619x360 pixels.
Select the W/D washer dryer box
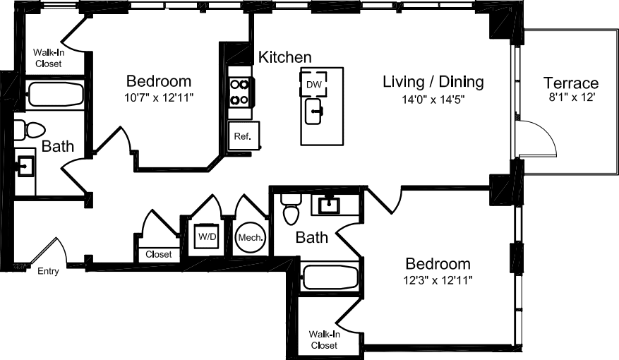coord(207,236)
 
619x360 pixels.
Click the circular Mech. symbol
coord(251,237)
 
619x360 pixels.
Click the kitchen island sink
coord(315,110)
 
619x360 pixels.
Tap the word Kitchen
coord(284,57)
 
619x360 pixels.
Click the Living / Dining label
coord(433,82)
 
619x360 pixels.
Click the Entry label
coord(48,271)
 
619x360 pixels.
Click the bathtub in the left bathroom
coord(55,94)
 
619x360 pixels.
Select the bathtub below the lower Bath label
coord(331,277)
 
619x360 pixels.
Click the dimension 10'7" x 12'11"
coord(158,96)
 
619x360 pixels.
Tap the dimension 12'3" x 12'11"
coord(437,280)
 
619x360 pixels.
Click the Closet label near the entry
coord(158,254)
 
